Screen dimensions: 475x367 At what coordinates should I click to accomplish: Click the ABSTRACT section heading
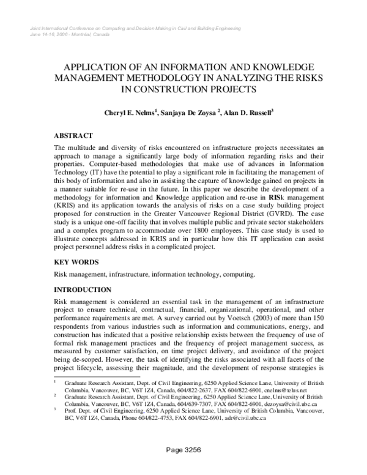click(73, 135)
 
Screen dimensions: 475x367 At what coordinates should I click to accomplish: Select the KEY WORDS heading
click(76, 262)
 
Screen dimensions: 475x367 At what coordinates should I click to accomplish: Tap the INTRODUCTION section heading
click(83, 289)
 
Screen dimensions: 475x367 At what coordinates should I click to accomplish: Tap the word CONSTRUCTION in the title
click(172, 89)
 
